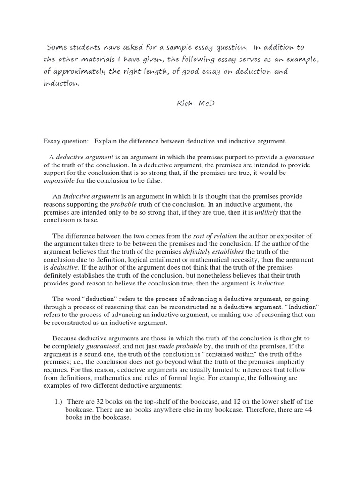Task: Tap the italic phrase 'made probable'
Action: [x=177, y=346]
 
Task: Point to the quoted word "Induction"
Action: [x=299, y=307]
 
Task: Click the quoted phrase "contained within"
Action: [x=231, y=354]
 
